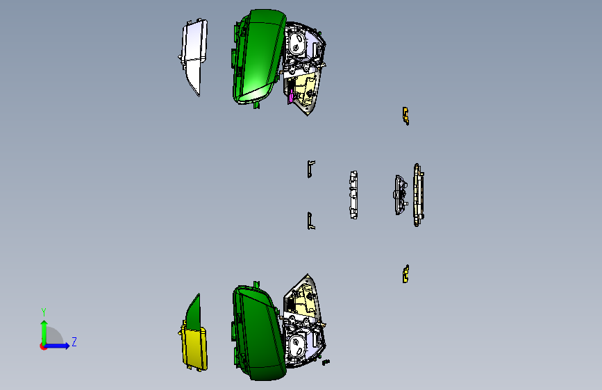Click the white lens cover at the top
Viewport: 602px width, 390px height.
tap(194, 53)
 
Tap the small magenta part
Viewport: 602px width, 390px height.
tap(291, 96)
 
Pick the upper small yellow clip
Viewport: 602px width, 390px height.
tap(405, 116)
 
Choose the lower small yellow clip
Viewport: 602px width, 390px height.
tap(405, 273)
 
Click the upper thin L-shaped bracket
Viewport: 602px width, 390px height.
tap(310, 169)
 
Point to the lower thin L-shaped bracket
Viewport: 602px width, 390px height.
tap(310, 221)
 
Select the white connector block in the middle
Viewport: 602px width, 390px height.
tap(353, 195)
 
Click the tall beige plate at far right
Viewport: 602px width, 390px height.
tap(418, 195)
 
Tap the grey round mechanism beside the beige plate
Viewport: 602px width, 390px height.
tap(401, 194)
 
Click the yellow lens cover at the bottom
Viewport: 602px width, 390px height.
tap(195, 348)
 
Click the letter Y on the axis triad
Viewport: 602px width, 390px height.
tap(44, 312)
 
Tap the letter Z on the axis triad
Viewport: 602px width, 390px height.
tap(74, 341)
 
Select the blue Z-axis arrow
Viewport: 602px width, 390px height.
tap(56, 346)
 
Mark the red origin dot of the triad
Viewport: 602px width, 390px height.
tap(43, 346)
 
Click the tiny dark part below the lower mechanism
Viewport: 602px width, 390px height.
tap(326, 362)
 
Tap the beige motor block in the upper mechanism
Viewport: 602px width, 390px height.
tap(304, 89)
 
